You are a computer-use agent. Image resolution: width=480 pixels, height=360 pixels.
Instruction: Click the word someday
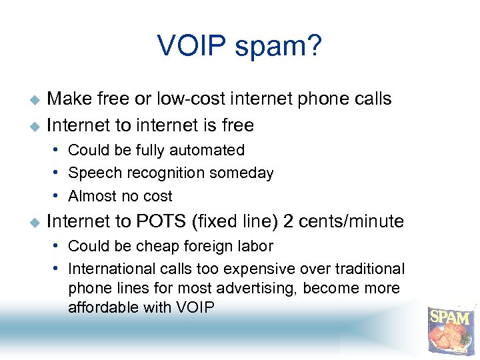coord(243,173)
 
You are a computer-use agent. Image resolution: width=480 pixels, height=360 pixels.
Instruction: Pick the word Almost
coord(93,196)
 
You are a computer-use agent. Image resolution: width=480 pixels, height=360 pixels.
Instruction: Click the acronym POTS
coord(156,221)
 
